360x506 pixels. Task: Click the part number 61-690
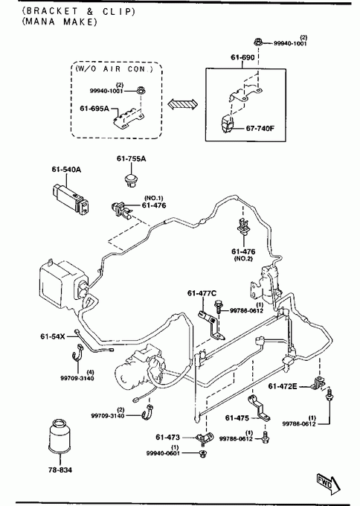pos(242,57)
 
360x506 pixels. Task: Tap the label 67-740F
pos(260,129)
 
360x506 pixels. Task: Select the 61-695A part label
pos(94,109)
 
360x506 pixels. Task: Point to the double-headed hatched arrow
pos(182,105)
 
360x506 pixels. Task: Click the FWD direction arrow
pos(328,484)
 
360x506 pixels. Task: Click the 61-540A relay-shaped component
pos(70,199)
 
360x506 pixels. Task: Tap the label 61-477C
pos(202,293)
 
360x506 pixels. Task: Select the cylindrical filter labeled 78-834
pos(60,436)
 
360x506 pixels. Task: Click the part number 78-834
pos(60,470)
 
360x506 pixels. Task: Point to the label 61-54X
pos(52,336)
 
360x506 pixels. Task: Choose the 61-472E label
pos(283,386)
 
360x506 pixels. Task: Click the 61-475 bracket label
pos(237,418)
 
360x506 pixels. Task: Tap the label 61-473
pos(167,438)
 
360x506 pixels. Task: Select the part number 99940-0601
pos(163,453)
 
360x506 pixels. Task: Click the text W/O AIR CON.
pos(114,68)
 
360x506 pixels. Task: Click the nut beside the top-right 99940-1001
pos(258,42)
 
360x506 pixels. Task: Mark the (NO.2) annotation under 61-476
pos(243,258)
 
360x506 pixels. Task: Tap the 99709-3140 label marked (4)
pos(77,378)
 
